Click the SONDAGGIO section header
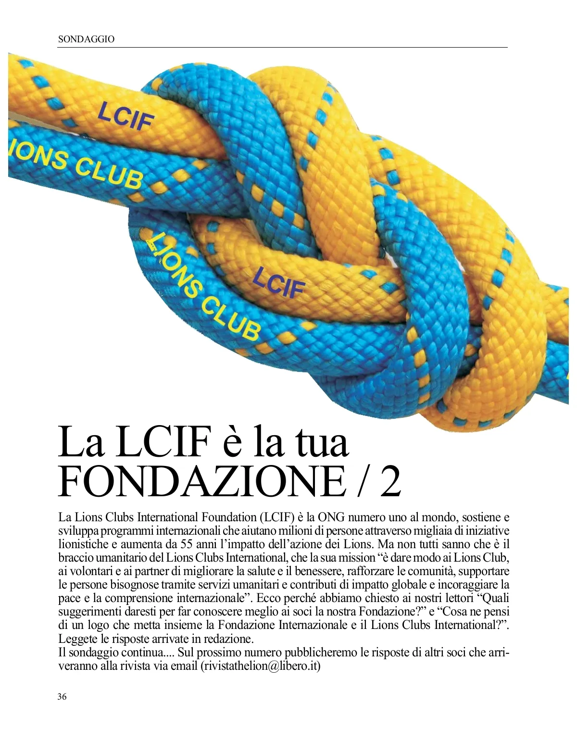tap(86, 39)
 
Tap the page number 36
tap(62, 696)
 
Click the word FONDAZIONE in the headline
tap(201, 481)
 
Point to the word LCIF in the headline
tap(163, 441)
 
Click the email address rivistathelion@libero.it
tap(260, 666)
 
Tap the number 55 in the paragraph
tap(187, 544)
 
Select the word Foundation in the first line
tap(229, 517)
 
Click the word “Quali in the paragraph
tap(492, 598)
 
